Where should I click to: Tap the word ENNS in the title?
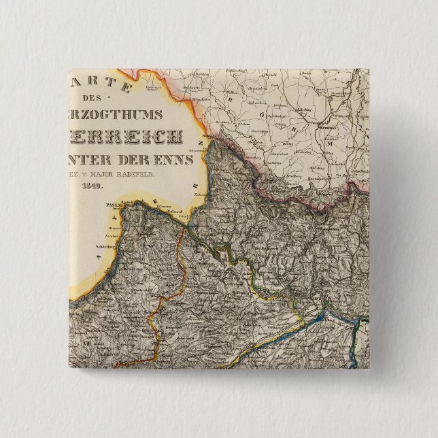(176, 161)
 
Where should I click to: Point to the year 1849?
(90, 185)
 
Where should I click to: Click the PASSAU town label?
(109, 203)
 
